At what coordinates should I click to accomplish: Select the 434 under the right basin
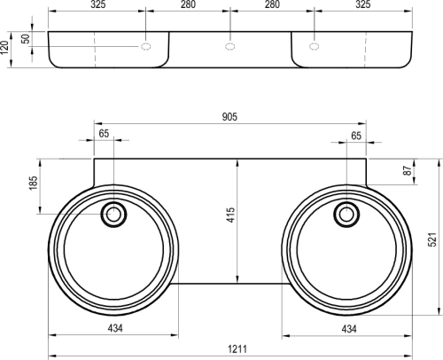tap(348, 329)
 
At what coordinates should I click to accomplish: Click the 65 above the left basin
tap(105, 135)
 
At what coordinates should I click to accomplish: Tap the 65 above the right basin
tap(355, 135)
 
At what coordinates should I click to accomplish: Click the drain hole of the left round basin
tap(113, 214)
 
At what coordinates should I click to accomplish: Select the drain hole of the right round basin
tap(347, 214)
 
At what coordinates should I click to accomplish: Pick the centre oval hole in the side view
tap(229, 45)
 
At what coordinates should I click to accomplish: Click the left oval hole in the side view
tap(146, 45)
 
